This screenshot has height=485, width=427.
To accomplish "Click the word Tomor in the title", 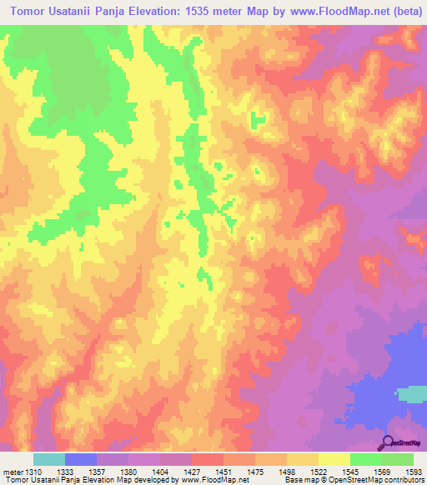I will (x=32, y=12).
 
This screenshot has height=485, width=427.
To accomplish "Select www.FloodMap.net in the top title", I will (x=328, y=12).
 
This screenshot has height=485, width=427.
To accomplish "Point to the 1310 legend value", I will (x=32, y=472).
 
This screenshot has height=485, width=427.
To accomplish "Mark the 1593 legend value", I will (x=411, y=472).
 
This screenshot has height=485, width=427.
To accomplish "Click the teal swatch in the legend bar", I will (x=49, y=459).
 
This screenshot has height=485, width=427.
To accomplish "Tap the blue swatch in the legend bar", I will (x=81, y=459).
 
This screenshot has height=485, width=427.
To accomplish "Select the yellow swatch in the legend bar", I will (x=334, y=459).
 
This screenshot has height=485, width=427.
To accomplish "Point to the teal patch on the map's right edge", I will (x=411, y=394).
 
